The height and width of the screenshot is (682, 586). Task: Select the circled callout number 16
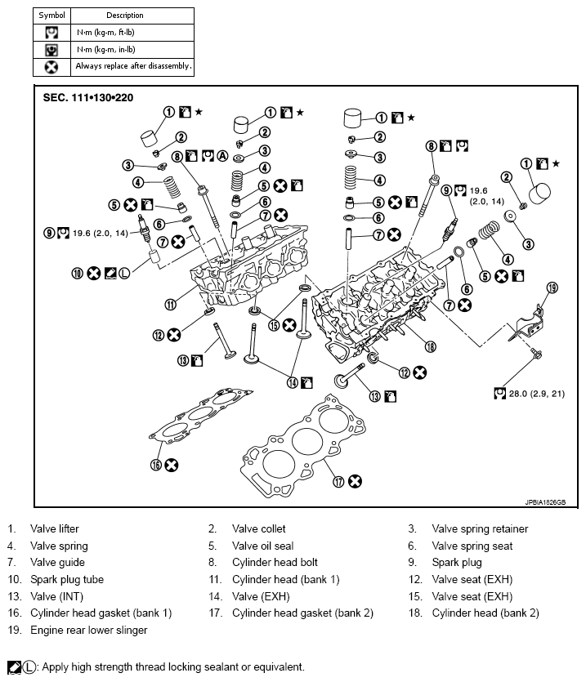[x=154, y=464]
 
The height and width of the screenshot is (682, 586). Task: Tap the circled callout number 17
[x=338, y=481]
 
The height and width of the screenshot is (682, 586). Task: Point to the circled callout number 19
[x=551, y=288]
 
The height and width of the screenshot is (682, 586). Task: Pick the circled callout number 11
[x=170, y=304]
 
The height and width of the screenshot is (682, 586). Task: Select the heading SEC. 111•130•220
[x=88, y=97]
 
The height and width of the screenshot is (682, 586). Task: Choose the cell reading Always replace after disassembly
[x=132, y=65]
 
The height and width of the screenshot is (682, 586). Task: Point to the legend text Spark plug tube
[x=64, y=579]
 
